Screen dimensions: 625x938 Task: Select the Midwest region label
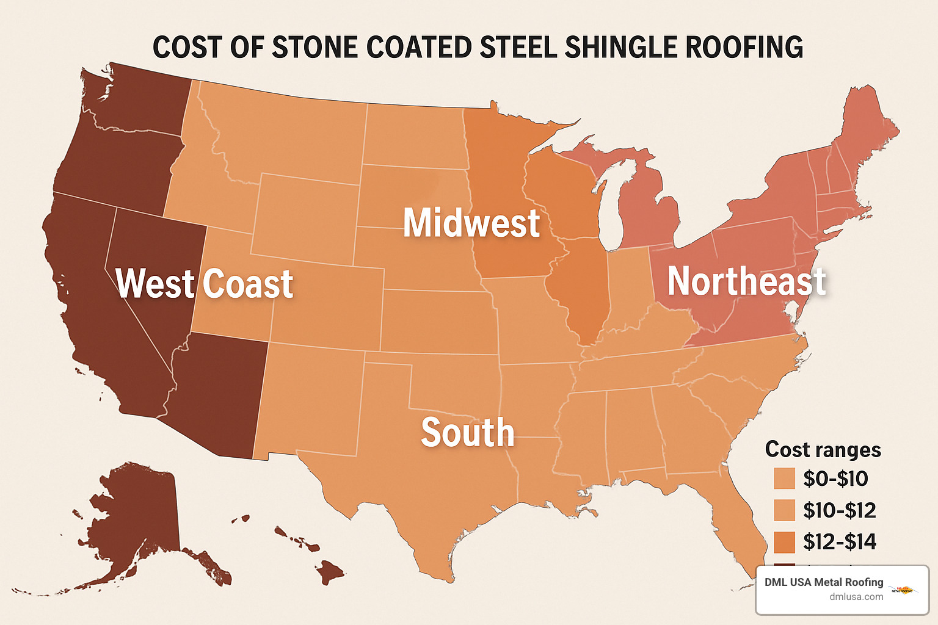(x=471, y=223)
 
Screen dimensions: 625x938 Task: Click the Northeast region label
(x=746, y=281)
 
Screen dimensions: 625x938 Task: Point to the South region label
(x=468, y=433)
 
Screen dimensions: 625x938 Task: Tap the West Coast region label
(x=205, y=284)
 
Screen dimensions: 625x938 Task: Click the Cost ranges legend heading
(x=823, y=449)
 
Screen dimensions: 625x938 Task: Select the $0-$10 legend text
(x=835, y=479)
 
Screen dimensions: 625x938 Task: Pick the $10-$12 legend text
(x=839, y=510)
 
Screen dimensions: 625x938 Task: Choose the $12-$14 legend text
(x=839, y=542)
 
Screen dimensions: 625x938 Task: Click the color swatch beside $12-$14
(x=784, y=542)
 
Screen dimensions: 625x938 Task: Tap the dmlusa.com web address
(x=856, y=597)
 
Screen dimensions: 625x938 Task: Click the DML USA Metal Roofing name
(x=824, y=582)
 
